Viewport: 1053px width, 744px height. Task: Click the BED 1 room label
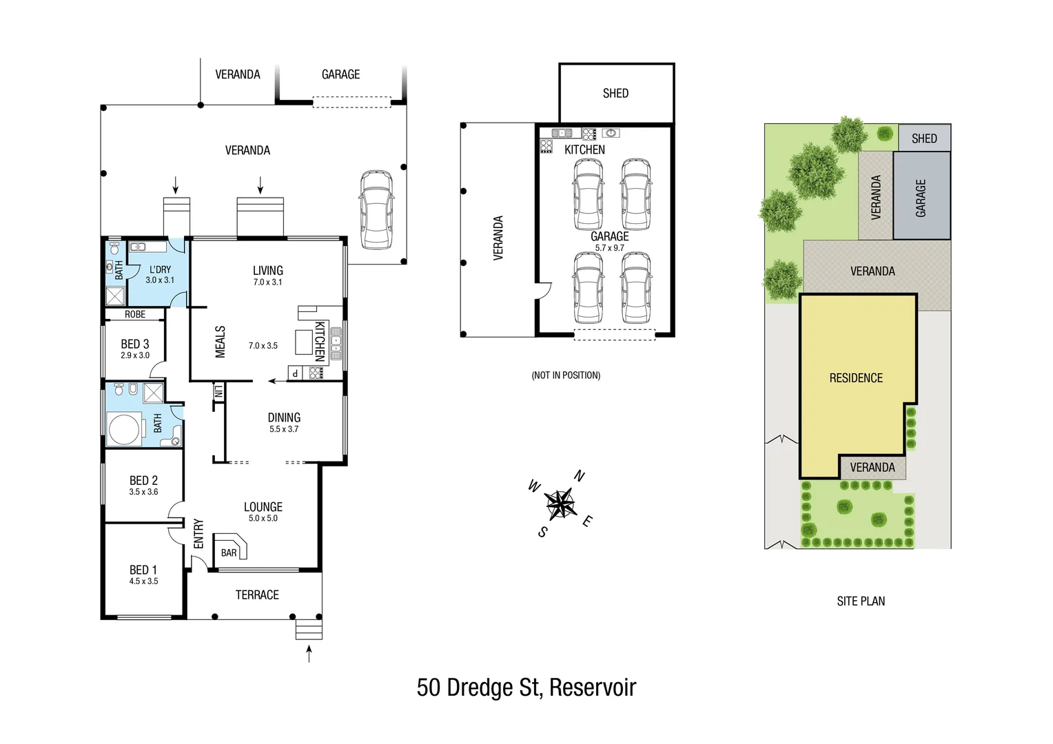pos(143,570)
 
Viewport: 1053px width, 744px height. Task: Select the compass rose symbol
pos(561,504)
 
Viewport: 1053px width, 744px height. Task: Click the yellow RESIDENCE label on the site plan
pos(856,378)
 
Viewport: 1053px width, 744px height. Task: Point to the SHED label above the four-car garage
pos(615,94)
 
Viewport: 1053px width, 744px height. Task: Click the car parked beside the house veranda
pos(376,209)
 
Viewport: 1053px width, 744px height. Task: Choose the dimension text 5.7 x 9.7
pos(609,248)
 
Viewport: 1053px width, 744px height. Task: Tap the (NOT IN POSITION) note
pos(566,375)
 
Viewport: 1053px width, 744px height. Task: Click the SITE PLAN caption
pos(861,601)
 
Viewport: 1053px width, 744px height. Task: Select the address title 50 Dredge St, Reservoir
pos(526,688)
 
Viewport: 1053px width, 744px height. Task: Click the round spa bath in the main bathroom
pos(124,428)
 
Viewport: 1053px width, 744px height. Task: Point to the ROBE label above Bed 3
pos(135,315)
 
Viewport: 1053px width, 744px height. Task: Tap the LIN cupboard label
pos(218,393)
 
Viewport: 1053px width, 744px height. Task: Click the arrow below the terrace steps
pos(309,653)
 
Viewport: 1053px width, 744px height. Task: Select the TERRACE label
pos(257,595)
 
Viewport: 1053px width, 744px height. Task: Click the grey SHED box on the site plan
pos(924,138)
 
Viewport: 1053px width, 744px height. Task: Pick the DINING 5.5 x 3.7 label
pos(284,422)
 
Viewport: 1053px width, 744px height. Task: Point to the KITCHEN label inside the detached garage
pos(584,150)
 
